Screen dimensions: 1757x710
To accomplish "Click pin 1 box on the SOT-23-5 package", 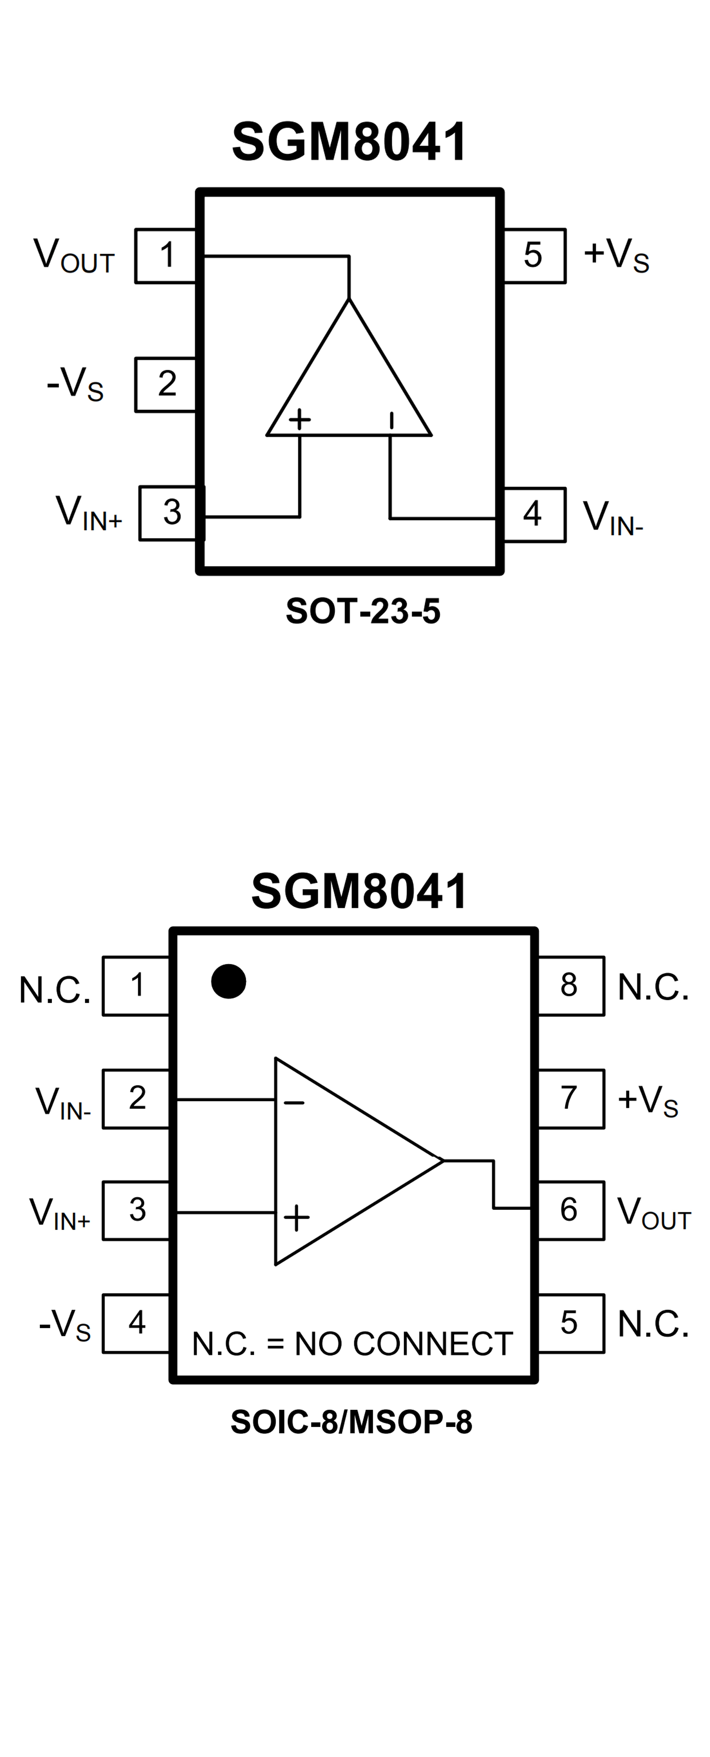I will [166, 255].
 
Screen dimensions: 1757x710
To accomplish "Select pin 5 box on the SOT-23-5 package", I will [534, 255].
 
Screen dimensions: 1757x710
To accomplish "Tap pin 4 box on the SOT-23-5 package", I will [534, 514].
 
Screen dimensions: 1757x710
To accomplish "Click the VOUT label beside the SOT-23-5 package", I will [74, 256].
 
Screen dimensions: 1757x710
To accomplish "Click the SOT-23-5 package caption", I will [363, 611].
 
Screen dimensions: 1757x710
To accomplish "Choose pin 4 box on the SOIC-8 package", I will [136, 1323].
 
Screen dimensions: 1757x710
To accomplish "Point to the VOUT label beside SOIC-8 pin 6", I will [653, 1213].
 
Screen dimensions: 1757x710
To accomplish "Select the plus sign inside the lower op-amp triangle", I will [296, 1218].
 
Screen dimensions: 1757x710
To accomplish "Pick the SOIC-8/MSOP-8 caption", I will [351, 1422].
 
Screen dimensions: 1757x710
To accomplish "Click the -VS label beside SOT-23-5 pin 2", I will [75, 384].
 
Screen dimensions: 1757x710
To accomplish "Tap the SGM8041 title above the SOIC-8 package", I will [359, 891].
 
